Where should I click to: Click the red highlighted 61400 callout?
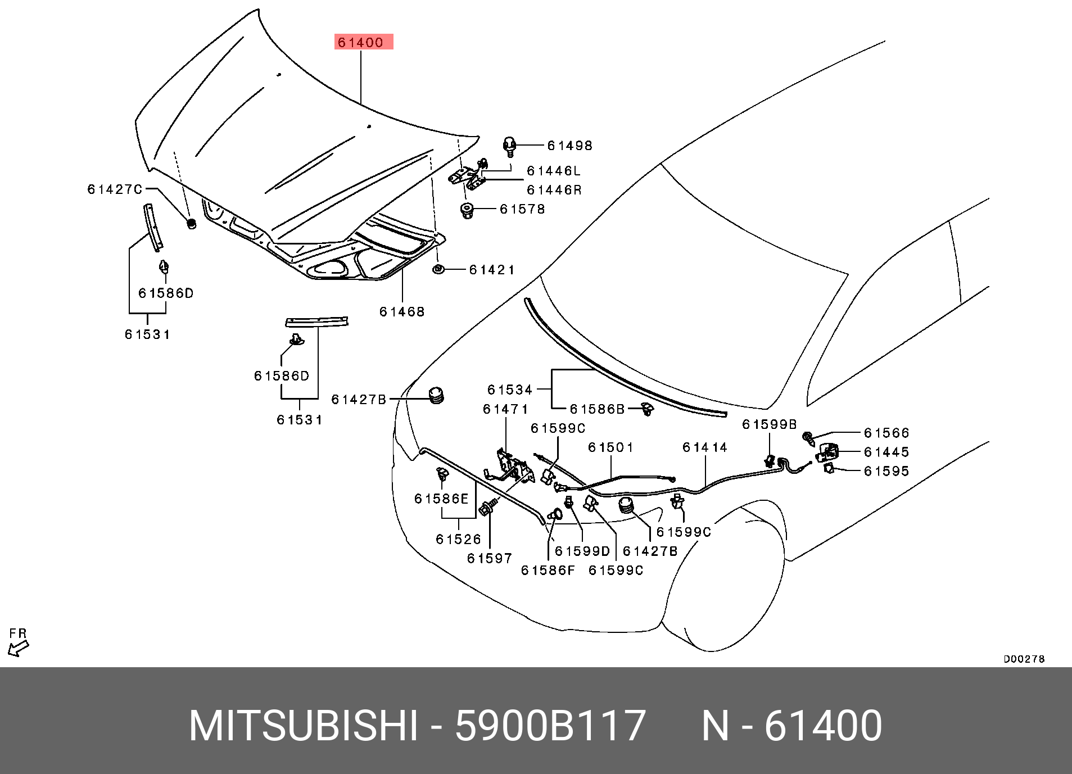click(x=364, y=42)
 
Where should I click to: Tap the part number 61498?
click(x=569, y=146)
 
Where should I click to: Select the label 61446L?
click(x=553, y=171)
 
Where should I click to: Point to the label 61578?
click(x=522, y=209)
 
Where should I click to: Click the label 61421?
click(x=492, y=270)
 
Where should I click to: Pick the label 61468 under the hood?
click(x=402, y=311)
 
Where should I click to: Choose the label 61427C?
click(x=115, y=189)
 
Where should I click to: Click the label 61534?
click(x=510, y=390)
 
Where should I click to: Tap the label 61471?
click(x=505, y=409)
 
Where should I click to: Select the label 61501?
click(x=611, y=447)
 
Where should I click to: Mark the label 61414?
click(x=705, y=447)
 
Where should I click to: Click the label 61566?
click(x=886, y=433)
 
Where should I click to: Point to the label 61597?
click(x=490, y=558)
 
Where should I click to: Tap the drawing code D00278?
click(x=1024, y=659)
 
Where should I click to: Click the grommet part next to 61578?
click(x=467, y=211)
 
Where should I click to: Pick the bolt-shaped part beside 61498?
click(x=509, y=146)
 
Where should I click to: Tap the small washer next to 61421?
click(x=438, y=269)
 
